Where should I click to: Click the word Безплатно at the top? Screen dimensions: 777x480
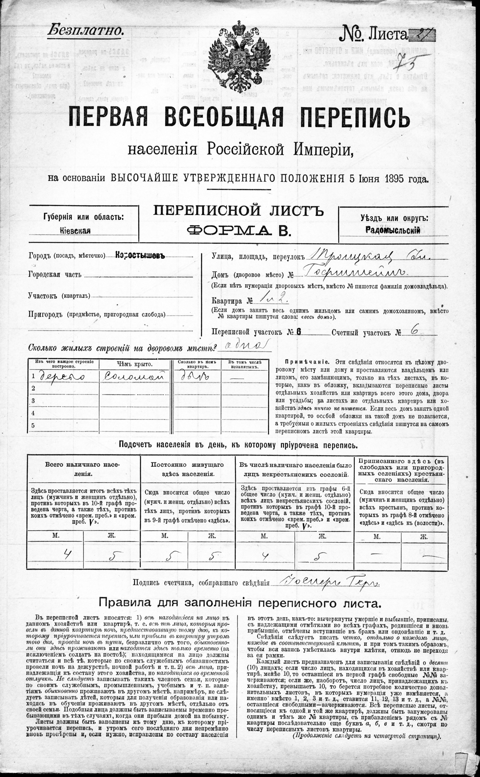tap(85, 31)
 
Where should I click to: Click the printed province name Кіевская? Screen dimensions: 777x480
tap(75, 231)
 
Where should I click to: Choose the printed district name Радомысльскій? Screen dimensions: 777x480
tap(393, 230)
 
